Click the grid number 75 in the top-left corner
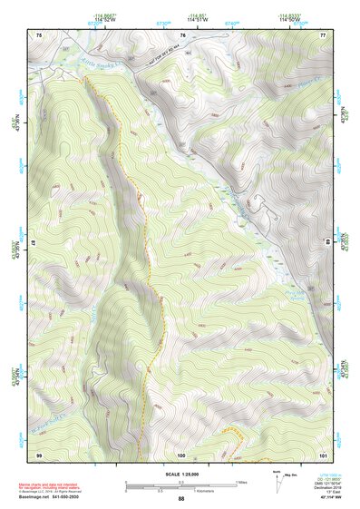tap(39, 34)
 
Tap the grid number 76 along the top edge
tap(182, 34)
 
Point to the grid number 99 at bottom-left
tap(39, 453)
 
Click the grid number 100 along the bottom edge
tap(181, 453)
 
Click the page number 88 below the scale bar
tap(180, 498)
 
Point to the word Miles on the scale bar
tap(242, 481)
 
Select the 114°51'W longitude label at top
tap(193, 18)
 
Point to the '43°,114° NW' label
tap(321, 498)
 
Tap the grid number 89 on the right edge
tap(327, 243)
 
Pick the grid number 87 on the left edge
tap(35, 243)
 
